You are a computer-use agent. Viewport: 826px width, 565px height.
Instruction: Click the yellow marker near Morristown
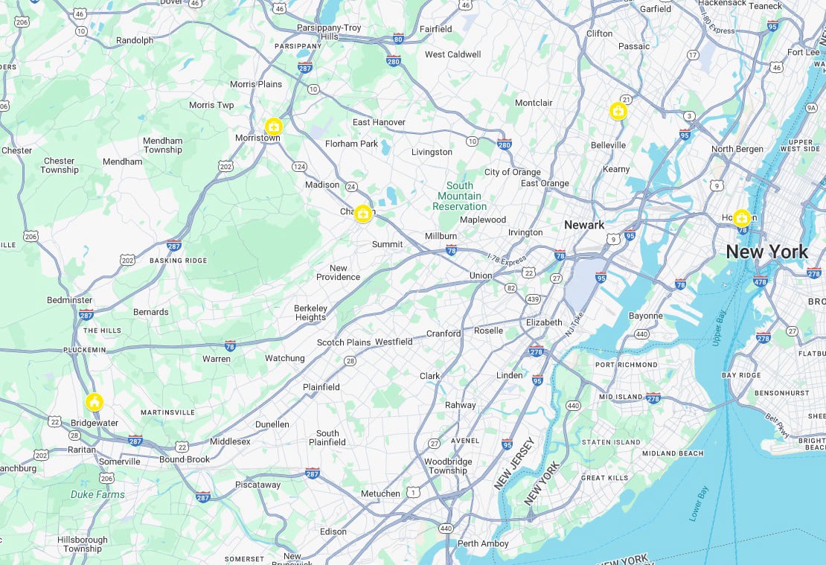[x=274, y=127]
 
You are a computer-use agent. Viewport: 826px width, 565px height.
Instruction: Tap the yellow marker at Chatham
[x=362, y=214]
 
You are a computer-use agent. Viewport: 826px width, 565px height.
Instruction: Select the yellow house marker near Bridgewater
[x=94, y=403]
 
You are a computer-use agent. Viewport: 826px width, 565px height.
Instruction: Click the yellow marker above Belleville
[x=618, y=112]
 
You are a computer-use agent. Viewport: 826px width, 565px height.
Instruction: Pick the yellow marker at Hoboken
[x=741, y=218]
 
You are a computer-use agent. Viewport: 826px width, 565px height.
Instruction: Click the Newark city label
[x=584, y=225]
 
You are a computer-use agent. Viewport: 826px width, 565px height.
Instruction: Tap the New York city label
[x=766, y=252]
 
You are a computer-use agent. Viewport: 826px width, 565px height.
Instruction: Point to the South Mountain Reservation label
[x=460, y=196]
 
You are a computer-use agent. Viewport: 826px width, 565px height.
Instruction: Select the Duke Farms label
[x=97, y=494]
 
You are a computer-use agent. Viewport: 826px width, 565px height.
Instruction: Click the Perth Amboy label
[x=478, y=543]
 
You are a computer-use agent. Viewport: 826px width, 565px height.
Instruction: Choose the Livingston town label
[x=432, y=152]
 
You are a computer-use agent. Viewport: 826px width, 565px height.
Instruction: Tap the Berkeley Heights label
[x=310, y=313]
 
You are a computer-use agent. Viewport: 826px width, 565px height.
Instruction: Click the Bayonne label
[x=645, y=316]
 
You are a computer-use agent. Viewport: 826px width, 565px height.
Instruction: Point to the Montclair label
[x=534, y=103]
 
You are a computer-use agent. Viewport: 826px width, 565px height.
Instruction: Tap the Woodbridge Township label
[x=447, y=466]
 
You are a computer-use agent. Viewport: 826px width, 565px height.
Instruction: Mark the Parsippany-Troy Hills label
[x=329, y=32]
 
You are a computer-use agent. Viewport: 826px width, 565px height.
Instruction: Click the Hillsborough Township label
[x=82, y=544]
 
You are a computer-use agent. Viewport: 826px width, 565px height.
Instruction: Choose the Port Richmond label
[x=627, y=365]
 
